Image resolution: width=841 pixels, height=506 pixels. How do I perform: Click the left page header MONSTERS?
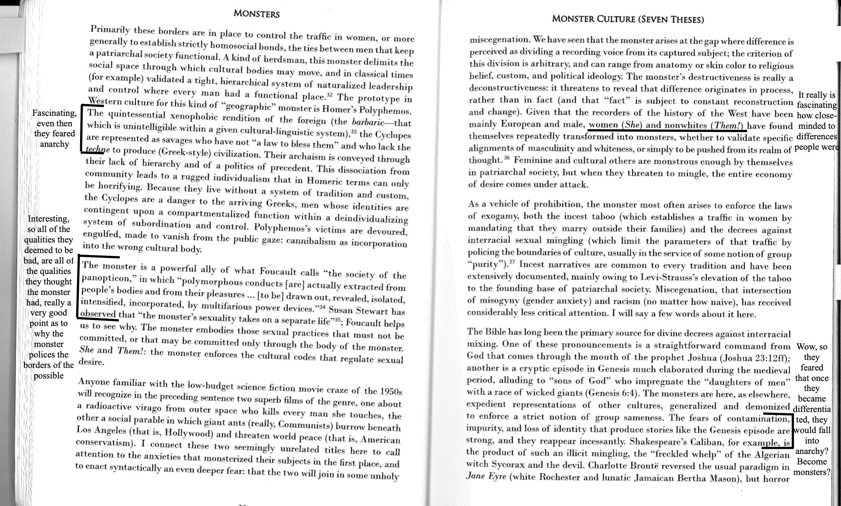(x=256, y=13)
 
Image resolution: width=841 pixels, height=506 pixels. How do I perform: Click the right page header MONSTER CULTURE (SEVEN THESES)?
(x=628, y=19)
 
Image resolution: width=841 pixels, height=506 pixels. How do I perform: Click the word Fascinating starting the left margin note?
(x=54, y=113)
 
